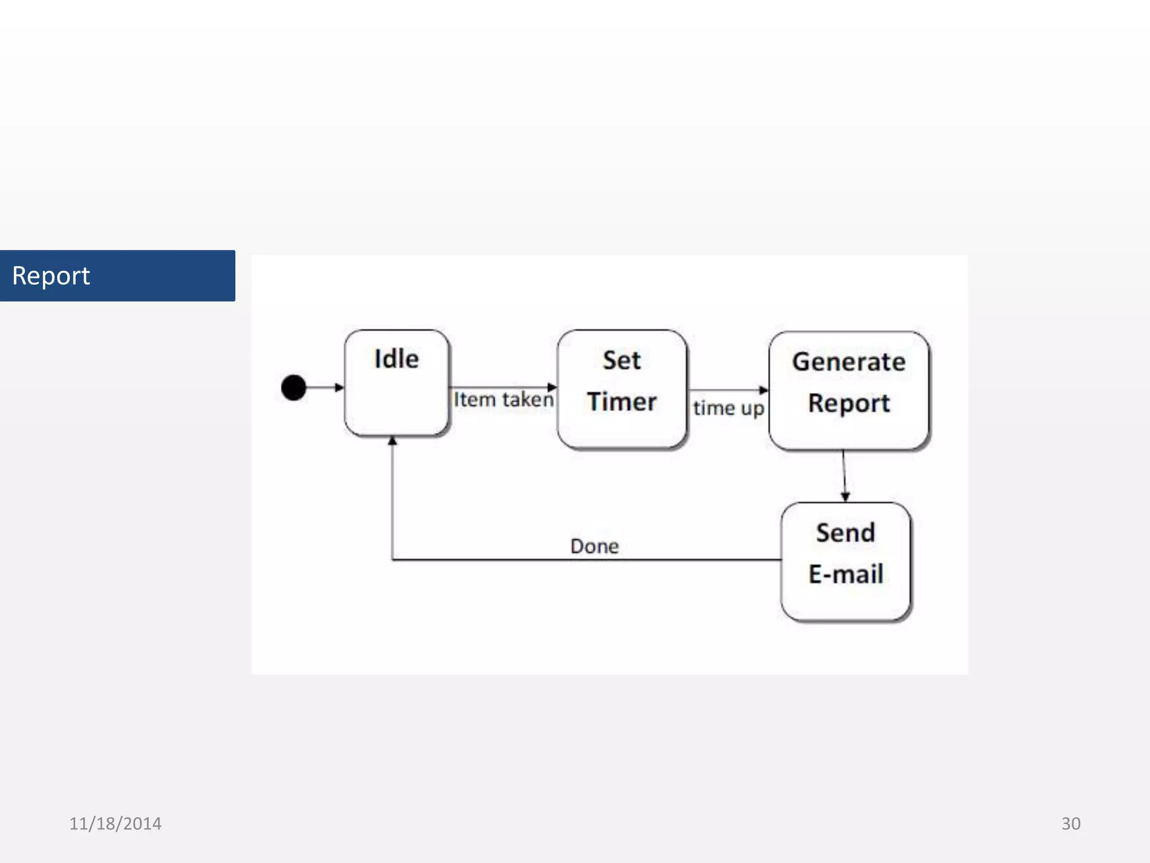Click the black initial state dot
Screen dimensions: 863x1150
[293, 388]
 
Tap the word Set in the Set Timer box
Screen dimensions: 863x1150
[622, 360]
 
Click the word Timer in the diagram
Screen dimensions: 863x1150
[622, 402]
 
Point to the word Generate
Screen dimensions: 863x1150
[848, 362]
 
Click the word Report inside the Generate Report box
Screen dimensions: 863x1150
[848, 403]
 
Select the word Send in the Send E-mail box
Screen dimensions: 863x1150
[845, 533]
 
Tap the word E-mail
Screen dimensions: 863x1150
[845, 574]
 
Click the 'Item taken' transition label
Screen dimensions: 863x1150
[503, 399]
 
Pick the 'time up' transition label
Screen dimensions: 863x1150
[728, 408]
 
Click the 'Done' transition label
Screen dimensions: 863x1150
[594, 546]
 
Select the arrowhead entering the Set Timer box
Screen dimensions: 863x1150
[552, 387]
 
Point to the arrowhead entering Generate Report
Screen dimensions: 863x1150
[764, 390]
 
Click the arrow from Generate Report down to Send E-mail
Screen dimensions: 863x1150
[844, 475]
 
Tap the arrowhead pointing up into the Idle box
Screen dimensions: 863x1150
[393, 442]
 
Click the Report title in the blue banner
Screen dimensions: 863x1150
[51, 276]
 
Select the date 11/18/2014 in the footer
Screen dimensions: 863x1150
[115, 824]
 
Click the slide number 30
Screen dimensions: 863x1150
[1070, 824]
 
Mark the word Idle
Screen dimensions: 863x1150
[396, 359]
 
